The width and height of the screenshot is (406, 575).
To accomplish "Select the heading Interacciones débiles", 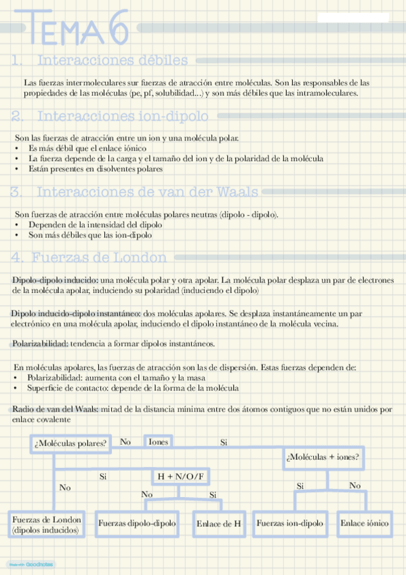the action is point(113,60).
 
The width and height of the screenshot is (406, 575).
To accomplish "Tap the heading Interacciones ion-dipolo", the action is point(121,116).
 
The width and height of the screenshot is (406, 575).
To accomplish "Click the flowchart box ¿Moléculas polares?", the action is point(70,443).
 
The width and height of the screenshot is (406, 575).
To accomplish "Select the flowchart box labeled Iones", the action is point(158,441).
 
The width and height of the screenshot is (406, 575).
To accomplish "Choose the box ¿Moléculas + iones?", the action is point(323,456).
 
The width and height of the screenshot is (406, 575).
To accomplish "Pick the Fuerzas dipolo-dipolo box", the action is point(138,523).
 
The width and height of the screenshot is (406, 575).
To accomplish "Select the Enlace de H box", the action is point(218,523).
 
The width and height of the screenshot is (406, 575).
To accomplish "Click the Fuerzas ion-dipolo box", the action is point(289,523).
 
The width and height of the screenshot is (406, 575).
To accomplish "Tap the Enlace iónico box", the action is point(365,523).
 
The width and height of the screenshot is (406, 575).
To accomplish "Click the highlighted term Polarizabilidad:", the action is point(40,344).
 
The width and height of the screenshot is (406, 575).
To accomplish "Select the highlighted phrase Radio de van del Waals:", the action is point(56,410).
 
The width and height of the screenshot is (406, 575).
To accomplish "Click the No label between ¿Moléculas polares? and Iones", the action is point(125,442).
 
